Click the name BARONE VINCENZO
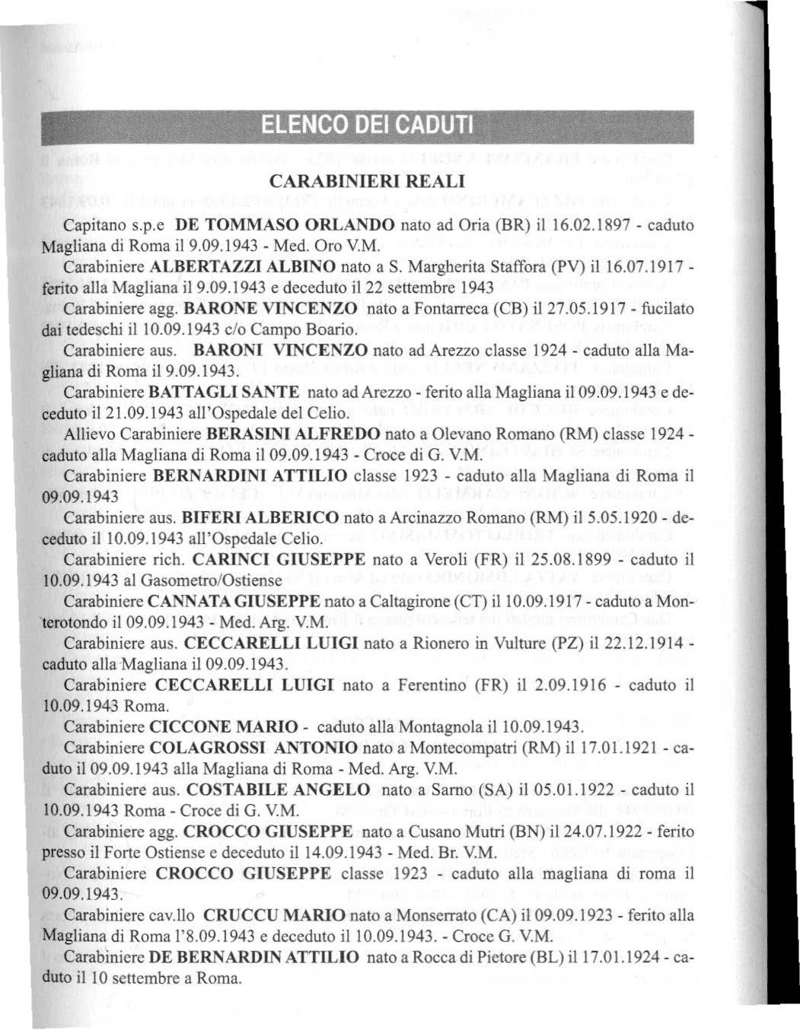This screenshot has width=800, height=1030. (272, 310)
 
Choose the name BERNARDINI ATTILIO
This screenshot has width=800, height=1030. (250, 475)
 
